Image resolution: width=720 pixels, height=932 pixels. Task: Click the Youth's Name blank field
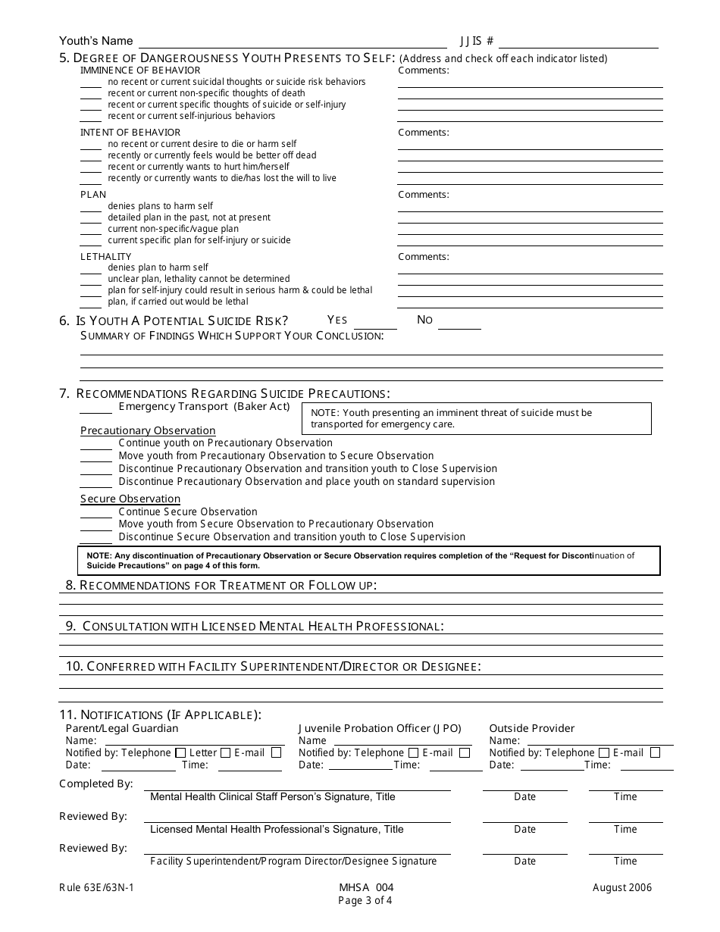[292, 42]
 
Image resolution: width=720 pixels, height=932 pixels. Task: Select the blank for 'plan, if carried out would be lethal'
[91, 302]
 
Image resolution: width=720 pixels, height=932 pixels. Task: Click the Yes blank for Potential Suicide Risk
[371, 322]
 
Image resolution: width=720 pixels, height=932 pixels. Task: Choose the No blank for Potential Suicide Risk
[459, 322]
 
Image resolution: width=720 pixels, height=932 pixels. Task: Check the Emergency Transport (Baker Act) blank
[96, 408]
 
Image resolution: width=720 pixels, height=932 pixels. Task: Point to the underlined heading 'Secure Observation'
[130, 499]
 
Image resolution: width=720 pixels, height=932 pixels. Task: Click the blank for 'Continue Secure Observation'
[96, 513]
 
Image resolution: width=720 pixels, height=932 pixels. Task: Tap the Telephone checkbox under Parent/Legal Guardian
[180, 753]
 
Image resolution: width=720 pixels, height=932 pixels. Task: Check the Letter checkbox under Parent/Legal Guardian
[224, 753]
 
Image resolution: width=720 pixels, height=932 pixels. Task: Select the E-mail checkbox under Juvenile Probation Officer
[465, 753]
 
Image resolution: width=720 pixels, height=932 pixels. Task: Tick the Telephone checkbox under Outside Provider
[604, 753]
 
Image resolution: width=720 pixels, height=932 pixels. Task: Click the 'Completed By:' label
[96, 784]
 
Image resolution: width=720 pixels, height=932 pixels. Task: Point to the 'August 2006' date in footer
[623, 888]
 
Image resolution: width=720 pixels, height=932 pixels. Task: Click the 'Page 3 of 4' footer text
[366, 901]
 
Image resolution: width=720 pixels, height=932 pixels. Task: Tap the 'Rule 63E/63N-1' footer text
[95, 888]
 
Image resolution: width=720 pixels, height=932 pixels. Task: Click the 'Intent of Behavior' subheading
[130, 133]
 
